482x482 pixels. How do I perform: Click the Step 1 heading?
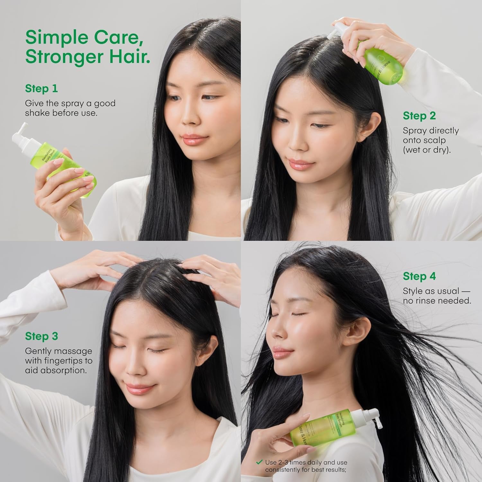(x=41, y=88)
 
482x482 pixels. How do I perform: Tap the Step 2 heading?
(x=419, y=116)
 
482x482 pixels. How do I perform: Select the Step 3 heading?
(x=41, y=336)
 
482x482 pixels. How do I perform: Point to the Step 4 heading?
(x=419, y=276)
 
